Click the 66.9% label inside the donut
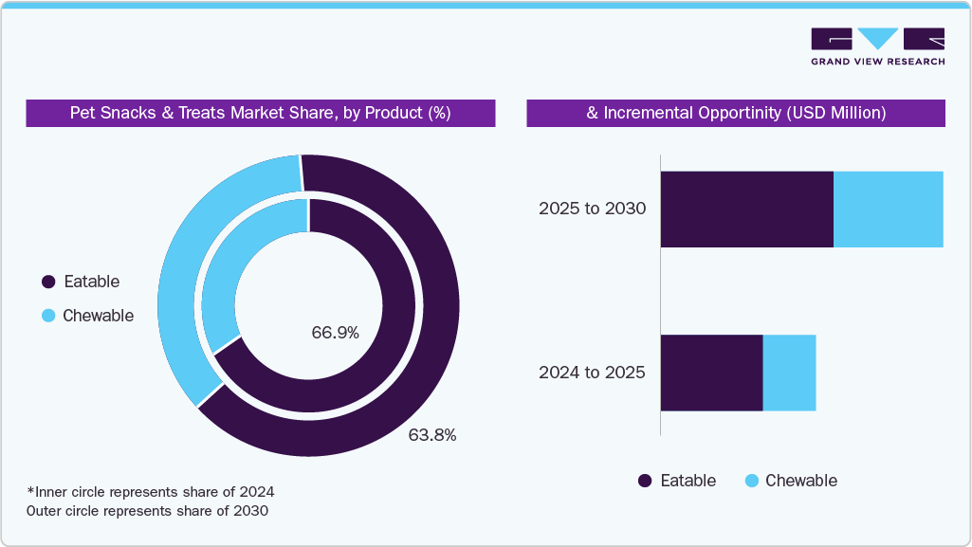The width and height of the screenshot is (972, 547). (x=335, y=333)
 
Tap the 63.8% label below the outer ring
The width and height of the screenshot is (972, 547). (x=432, y=435)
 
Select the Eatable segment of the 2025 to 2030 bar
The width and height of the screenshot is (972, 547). (x=746, y=210)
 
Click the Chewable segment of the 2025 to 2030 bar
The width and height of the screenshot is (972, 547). (x=888, y=210)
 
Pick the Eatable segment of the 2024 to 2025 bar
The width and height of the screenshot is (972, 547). (x=711, y=373)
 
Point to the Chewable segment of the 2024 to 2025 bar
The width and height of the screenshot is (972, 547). (x=789, y=373)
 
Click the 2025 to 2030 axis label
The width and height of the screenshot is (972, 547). (x=592, y=209)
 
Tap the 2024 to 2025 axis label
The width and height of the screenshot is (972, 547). (x=592, y=373)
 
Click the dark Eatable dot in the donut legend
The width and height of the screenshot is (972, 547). (x=48, y=282)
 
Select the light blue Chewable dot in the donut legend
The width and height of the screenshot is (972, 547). (x=48, y=316)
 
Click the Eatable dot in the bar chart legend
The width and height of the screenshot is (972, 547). (x=645, y=481)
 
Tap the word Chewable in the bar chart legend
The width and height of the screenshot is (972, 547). (x=800, y=481)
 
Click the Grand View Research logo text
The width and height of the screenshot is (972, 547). (x=877, y=62)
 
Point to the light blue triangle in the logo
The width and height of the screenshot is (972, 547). (x=878, y=39)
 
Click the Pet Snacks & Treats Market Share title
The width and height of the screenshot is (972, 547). (x=260, y=113)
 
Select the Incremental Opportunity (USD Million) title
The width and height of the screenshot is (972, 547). (x=736, y=113)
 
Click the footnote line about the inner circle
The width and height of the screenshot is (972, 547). (x=151, y=492)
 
